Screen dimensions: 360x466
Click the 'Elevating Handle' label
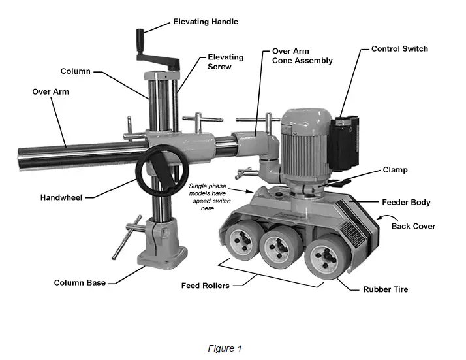point(205,22)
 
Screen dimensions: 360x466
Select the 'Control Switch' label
point(399,49)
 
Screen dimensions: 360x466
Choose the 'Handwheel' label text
point(61,197)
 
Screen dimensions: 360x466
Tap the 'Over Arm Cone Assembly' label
point(302,56)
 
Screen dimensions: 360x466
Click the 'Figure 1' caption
point(225,348)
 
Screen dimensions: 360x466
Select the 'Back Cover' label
point(412,226)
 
